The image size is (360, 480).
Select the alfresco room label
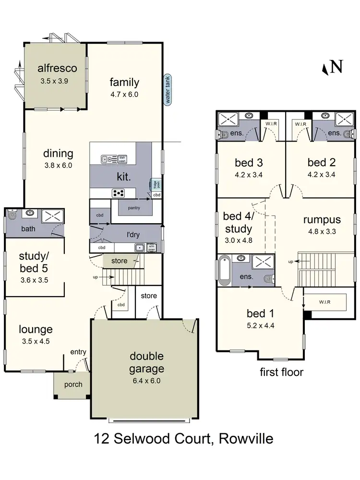click(57, 69)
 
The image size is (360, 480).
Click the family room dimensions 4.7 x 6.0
click(124, 95)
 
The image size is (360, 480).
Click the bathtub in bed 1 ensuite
click(224, 270)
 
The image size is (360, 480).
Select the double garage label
click(146, 362)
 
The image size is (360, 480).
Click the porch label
click(73, 384)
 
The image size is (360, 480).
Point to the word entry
click(78, 352)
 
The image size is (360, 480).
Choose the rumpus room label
click(322, 220)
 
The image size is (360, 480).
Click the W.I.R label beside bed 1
click(325, 302)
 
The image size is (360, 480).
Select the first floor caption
click(281, 372)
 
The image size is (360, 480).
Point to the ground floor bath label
click(28, 229)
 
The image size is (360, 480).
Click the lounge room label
click(36, 330)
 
